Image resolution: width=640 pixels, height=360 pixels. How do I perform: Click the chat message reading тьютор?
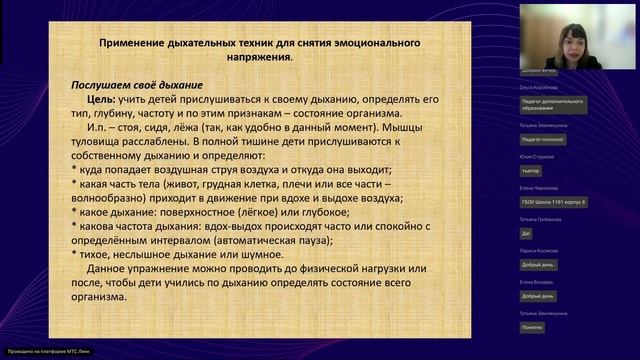pyautogui.click(x=531, y=170)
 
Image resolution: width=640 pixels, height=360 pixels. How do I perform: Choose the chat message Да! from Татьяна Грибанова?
pyautogui.click(x=527, y=232)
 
